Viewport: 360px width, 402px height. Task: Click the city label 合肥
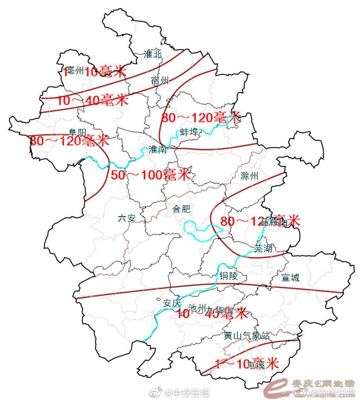182,209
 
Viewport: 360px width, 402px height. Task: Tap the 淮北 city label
153,54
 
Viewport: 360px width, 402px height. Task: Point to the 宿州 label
160,80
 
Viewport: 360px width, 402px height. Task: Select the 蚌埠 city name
189,132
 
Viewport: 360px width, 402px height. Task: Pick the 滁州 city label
250,176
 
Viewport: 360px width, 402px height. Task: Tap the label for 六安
127,218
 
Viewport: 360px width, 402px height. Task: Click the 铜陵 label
229,275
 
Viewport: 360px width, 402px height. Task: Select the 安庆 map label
172,303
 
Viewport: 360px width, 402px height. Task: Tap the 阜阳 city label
77,132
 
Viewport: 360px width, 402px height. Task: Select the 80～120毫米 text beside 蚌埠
201,117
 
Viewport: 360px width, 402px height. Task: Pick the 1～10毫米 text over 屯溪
248,363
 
